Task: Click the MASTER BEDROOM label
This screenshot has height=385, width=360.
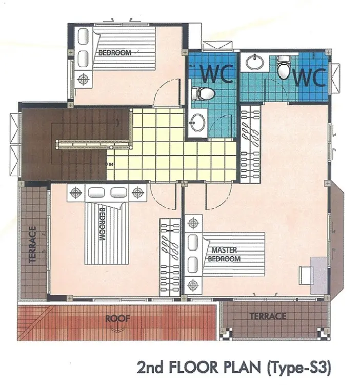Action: (x=224, y=255)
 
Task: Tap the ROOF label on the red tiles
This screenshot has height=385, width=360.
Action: (x=117, y=318)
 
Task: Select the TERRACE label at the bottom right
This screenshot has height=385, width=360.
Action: (x=268, y=316)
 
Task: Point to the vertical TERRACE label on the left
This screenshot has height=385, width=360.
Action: (x=33, y=244)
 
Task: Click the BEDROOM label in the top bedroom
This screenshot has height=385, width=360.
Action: (x=115, y=53)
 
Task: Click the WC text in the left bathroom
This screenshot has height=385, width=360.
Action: (x=217, y=73)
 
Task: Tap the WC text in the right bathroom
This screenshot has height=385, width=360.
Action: (x=309, y=77)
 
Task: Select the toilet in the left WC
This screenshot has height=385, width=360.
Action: (x=203, y=93)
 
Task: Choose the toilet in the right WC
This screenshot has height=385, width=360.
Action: (x=284, y=68)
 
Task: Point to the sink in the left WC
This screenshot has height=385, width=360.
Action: (x=198, y=122)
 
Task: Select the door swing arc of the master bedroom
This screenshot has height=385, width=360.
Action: (x=223, y=200)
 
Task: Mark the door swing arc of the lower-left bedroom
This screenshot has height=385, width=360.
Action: (x=159, y=201)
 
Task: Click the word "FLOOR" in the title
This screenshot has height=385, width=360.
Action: (x=190, y=367)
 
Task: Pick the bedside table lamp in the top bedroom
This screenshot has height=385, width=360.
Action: (x=84, y=79)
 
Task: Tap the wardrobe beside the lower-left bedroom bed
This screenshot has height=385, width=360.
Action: (x=170, y=258)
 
